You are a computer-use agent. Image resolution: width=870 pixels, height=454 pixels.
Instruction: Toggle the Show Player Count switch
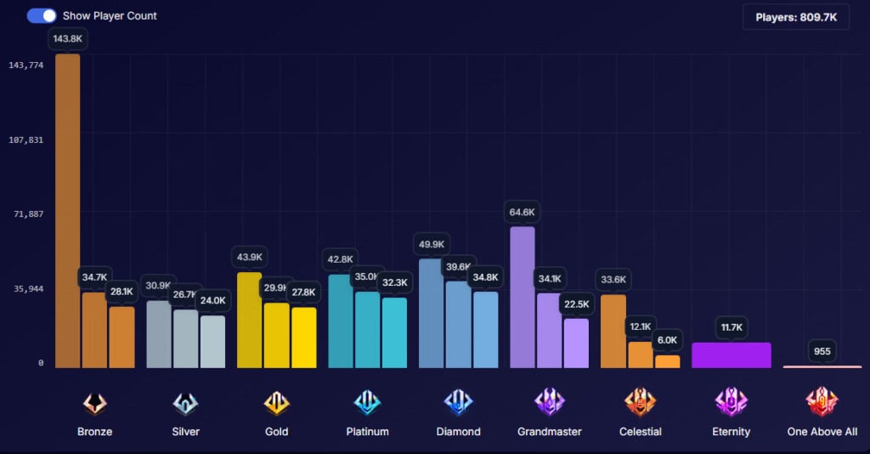tap(42, 15)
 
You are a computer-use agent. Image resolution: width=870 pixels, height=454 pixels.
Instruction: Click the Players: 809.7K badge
tap(796, 16)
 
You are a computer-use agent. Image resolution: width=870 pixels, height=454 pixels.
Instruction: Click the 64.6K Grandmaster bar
tap(522, 298)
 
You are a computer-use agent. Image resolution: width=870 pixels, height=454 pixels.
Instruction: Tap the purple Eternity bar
tap(731, 355)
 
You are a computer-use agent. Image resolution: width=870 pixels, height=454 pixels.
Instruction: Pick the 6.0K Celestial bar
tap(667, 361)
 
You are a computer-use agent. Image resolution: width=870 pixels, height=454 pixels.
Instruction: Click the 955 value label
tap(822, 351)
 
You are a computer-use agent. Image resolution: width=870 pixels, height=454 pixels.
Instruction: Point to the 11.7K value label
tap(731, 327)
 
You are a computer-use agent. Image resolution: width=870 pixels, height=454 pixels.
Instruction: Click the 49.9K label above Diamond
tap(432, 245)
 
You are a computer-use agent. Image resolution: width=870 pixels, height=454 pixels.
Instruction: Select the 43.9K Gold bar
tap(249, 321)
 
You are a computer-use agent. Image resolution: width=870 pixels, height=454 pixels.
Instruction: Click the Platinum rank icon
tap(367, 402)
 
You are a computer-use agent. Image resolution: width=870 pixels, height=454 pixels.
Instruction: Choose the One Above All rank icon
tap(822, 401)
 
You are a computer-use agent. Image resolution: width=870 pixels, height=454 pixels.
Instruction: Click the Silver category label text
tap(185, 432)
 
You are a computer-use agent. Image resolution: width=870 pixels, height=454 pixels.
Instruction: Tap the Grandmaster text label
tap(549, 432)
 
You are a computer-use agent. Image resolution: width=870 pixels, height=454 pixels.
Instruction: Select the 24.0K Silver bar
tap(212, 342)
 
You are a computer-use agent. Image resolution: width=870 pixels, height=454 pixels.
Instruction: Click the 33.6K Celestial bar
tap(613, 332)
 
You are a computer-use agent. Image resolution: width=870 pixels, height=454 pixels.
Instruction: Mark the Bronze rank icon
tap(94, 402)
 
